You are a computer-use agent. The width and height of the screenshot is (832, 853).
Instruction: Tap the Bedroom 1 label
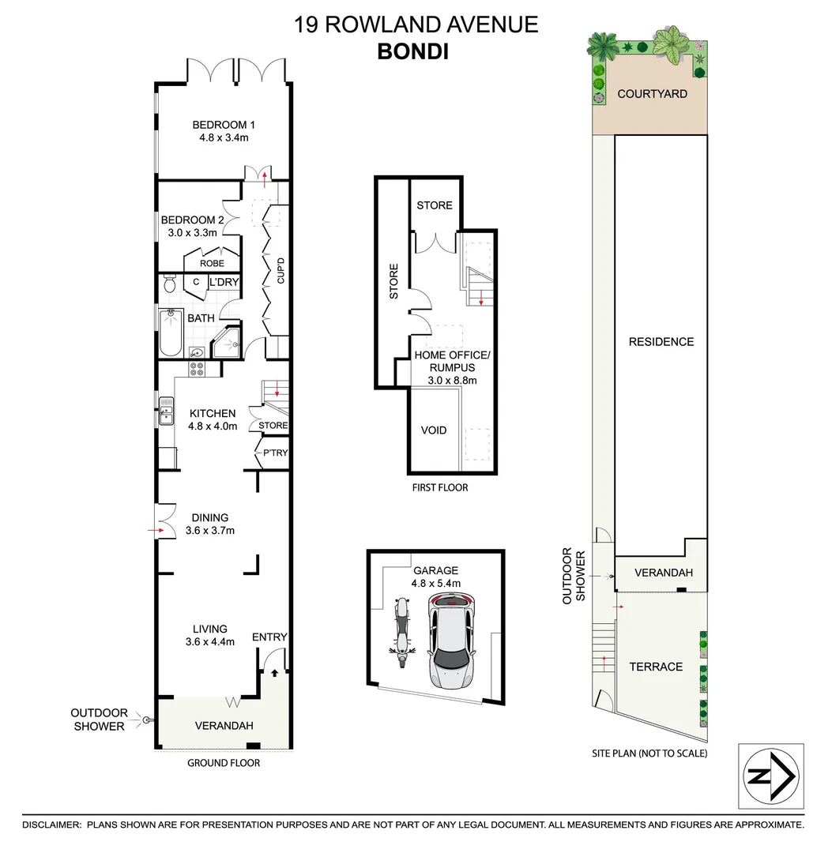point(224,125)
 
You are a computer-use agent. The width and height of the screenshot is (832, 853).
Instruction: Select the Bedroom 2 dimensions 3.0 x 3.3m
point(192,233)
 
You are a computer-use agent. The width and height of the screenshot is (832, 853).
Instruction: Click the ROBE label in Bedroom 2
point(212,263)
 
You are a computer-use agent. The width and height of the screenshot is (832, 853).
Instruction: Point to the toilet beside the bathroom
point(168,284)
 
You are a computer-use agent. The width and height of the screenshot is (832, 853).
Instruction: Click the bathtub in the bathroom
point(170,333)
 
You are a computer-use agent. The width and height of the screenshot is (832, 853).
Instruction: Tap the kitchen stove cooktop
point(197,368)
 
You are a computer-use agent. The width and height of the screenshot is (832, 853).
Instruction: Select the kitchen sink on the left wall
point(167,410)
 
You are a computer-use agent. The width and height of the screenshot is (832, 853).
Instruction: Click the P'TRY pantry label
point(275,453)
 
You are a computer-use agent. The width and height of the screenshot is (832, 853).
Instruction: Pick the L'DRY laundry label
point(224,282)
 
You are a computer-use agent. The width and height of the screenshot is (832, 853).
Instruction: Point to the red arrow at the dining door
point(152,530)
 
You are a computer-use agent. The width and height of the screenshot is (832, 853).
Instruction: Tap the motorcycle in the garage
point(400,631)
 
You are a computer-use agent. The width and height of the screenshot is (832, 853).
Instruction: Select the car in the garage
point(453,640)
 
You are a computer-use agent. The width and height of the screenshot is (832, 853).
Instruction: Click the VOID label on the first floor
point(433,430)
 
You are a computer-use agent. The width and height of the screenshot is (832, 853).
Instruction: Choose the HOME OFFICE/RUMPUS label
point(453,362)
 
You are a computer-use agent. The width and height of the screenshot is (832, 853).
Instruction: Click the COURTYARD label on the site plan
point(652,94)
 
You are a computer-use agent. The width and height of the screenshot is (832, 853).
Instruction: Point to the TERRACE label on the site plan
point(655,667)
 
